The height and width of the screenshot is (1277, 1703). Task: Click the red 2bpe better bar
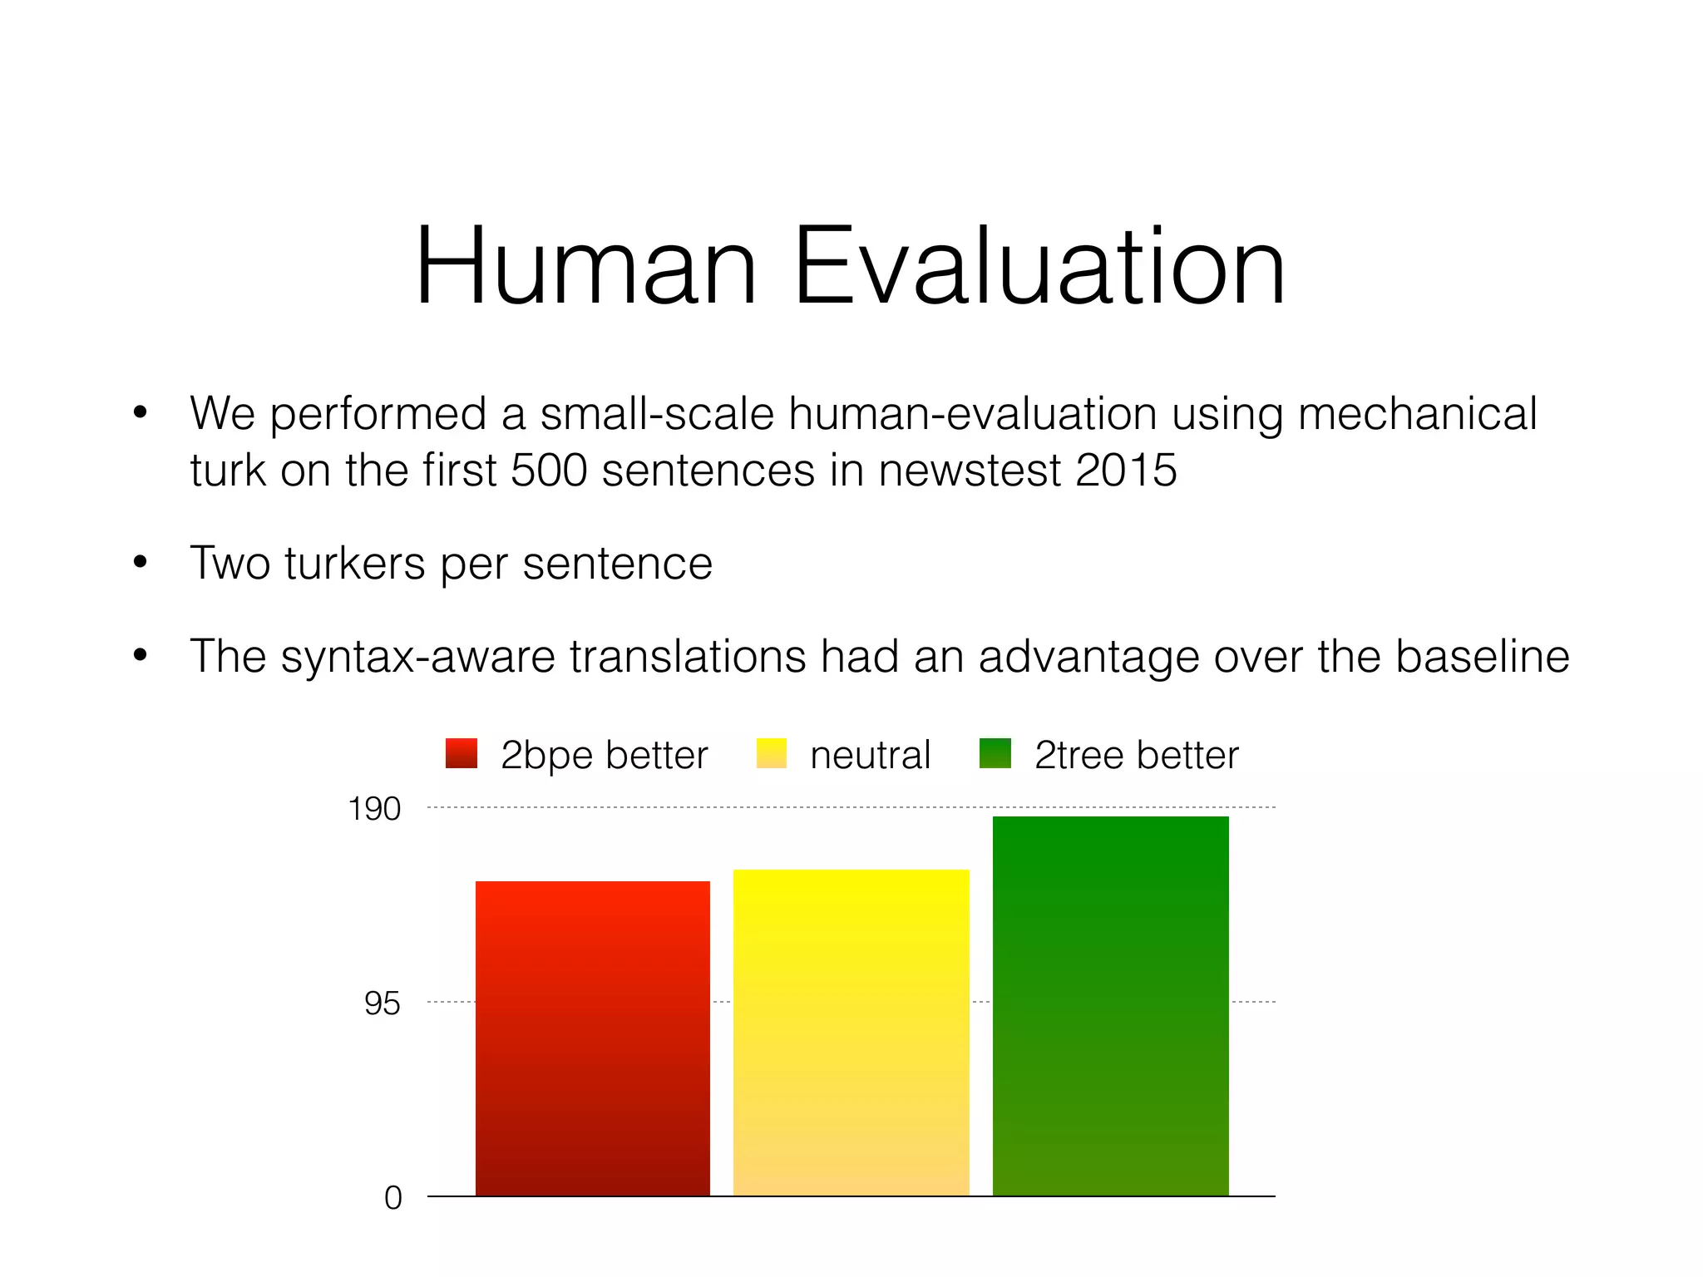(593, 1038)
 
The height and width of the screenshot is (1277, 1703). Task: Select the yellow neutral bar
(851, 1033)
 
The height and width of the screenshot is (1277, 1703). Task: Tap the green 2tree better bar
(1110, 1006)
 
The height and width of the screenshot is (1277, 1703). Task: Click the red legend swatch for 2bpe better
(462, 753)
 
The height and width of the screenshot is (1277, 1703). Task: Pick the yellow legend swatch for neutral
(772, 753)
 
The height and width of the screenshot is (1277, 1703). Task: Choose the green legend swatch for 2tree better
(995, 753)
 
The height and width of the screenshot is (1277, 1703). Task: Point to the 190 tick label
(374, 809)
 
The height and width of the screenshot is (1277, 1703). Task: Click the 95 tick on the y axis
(383, 1003)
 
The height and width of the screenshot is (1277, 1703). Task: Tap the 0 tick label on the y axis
(392, 1198)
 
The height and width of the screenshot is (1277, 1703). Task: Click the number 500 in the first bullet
(549, 470)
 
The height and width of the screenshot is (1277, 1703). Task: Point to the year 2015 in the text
(1126, 470)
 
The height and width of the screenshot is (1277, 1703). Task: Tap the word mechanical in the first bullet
(1417, 413)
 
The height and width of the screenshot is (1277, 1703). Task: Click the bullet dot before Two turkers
(140, 563)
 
